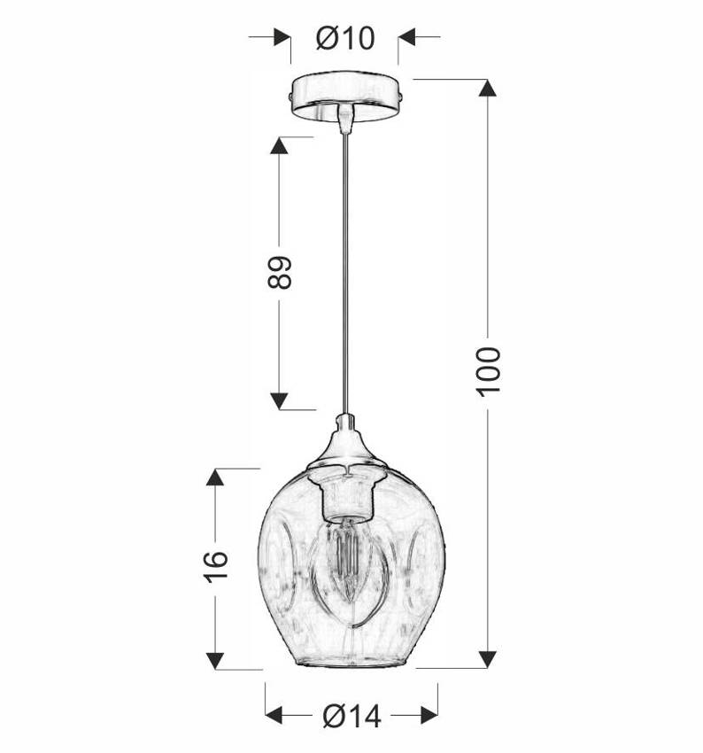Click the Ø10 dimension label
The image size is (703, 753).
pyautogui.click(x=345, y=37)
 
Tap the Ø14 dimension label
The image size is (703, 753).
pyautogui.click(x=351, y=716)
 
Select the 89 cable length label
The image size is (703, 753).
pyautogui.click(x=280, y=272)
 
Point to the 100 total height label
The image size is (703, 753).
pyautogui.click(x=489, y=372)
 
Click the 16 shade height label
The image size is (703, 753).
pyautogui.click(x=216, y=567)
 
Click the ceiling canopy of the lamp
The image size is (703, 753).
pyautogui.click(x=345, y=95)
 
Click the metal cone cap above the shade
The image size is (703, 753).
pyautogui.click(x=346, y=443)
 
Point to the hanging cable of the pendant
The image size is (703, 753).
pyautogui.click(x=345, y=274)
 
